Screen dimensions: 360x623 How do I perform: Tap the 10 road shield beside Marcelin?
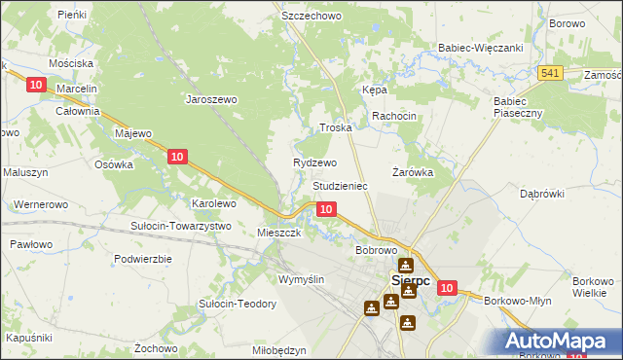pos(36,86)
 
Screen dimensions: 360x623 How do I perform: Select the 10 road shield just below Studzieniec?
pos(328,208)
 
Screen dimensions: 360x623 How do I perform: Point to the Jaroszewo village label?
pos(212,98)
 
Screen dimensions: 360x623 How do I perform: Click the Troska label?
pos(336,128)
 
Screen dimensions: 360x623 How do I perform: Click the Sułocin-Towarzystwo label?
pos(180,226)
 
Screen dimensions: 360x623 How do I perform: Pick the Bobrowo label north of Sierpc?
pos(376,250)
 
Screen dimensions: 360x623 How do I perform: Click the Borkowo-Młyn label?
pos(517,301)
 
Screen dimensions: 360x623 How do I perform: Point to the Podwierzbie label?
pos(142,259)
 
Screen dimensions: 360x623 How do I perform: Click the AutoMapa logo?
pos(559,341)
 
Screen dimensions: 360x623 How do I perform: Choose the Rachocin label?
pos(394,116)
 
